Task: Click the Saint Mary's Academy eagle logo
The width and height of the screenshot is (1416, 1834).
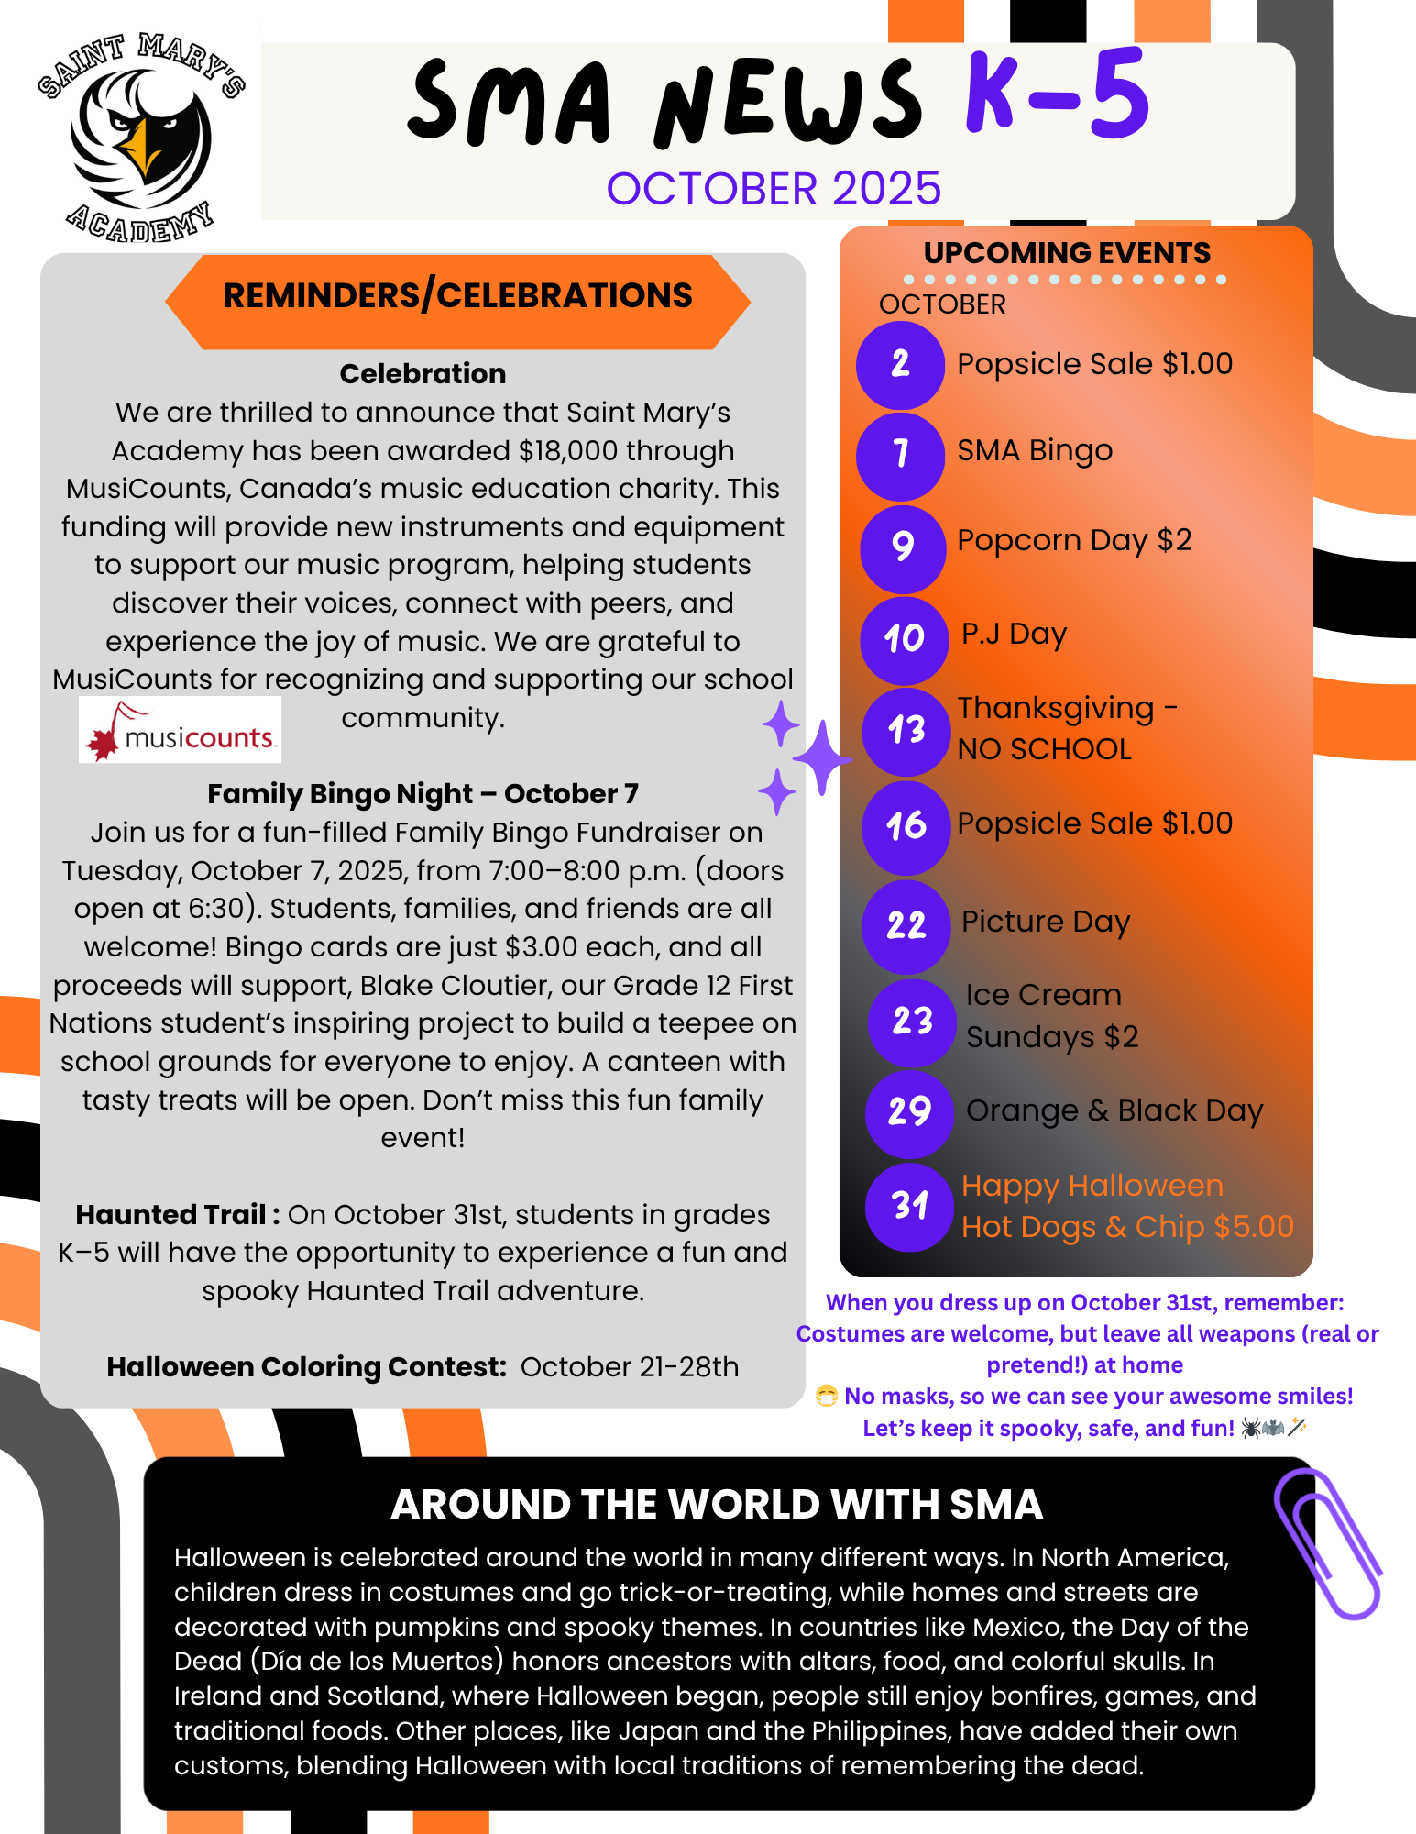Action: click(141, 138)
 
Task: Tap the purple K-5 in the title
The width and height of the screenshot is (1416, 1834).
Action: click(1058, 96)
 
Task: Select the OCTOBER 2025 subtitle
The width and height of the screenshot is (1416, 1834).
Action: click(774, 189)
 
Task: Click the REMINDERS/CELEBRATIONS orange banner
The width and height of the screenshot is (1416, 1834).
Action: click(457, 296)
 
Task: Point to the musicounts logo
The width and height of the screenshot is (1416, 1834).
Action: click(180, 730)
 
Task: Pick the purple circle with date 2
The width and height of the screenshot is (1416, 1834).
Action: click(900, 365)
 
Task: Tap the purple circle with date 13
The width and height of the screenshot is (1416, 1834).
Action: click(906, 731)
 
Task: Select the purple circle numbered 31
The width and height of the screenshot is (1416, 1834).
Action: click(909, 1206)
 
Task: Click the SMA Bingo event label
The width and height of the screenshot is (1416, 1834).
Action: click(1035, 451)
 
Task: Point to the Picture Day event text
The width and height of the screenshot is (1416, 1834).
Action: click(1046, 922)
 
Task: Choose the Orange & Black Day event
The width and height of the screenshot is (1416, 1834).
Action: click(1114, 1110)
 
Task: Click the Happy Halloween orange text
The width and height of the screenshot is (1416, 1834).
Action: click(1092, 1186)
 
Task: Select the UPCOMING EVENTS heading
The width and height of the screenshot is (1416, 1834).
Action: click(1067, 253)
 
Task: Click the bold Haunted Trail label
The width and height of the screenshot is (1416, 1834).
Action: click(177, 1215)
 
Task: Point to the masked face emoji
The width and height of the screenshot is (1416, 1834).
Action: click(827, 1396)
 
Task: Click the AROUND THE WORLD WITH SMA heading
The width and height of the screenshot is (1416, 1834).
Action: click(717, 1505)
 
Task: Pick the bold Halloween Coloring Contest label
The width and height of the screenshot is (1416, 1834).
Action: click(306, 1367)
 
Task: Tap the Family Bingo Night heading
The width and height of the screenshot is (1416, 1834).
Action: click(423, 794)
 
